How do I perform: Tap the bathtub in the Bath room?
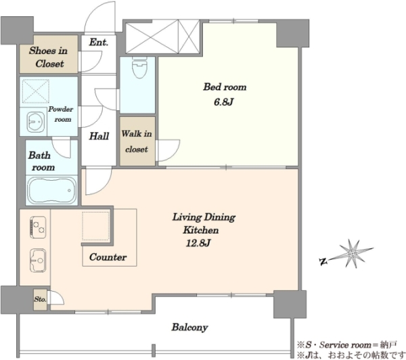coord(52,191)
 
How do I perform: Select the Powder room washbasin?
coord(36,121)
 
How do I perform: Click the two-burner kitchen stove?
coord(38,227)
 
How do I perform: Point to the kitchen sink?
coord(38,261)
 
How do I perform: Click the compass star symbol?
coord(353,253)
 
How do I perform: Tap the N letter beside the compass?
coord(323,262)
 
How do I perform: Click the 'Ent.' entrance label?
coord(98,42)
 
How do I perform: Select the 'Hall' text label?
coord(99,136)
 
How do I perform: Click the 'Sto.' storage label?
coord(40,299)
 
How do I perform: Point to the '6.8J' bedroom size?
coord(224,102)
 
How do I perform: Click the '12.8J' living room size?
coord(198,243)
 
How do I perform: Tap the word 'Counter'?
coord(108,257)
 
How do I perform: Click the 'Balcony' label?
coord(189,328)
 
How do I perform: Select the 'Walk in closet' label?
coord(137,141)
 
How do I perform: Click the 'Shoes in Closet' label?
coord(48,57)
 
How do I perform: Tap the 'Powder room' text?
coord(60,114)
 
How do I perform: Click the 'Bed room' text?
coord(225,87)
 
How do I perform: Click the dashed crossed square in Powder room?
coord(35,91)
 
